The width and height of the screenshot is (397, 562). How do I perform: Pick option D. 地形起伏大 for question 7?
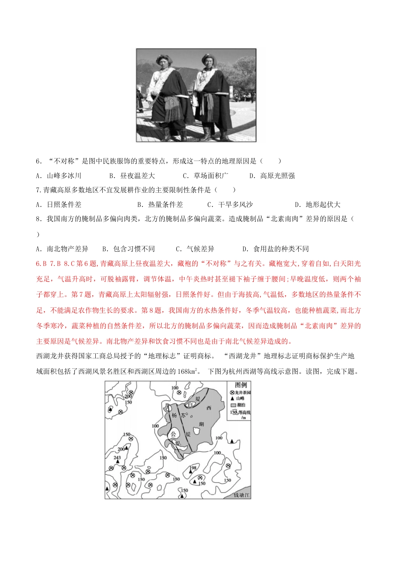(318, 204)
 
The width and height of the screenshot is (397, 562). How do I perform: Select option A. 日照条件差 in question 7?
(59, 204)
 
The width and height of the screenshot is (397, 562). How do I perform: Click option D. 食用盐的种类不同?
(276, 249)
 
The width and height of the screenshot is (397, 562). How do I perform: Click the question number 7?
(38, 190)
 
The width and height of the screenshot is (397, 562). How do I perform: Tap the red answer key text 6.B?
(41, 263)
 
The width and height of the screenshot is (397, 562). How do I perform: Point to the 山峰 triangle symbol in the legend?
(232, 399)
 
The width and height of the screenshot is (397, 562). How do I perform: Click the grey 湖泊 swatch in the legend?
(233, 405)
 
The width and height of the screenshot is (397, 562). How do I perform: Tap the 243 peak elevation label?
(117, 457)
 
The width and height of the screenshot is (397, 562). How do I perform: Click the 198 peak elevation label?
(193, 468)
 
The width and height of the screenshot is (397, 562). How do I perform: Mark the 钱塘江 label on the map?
(242, 495)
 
